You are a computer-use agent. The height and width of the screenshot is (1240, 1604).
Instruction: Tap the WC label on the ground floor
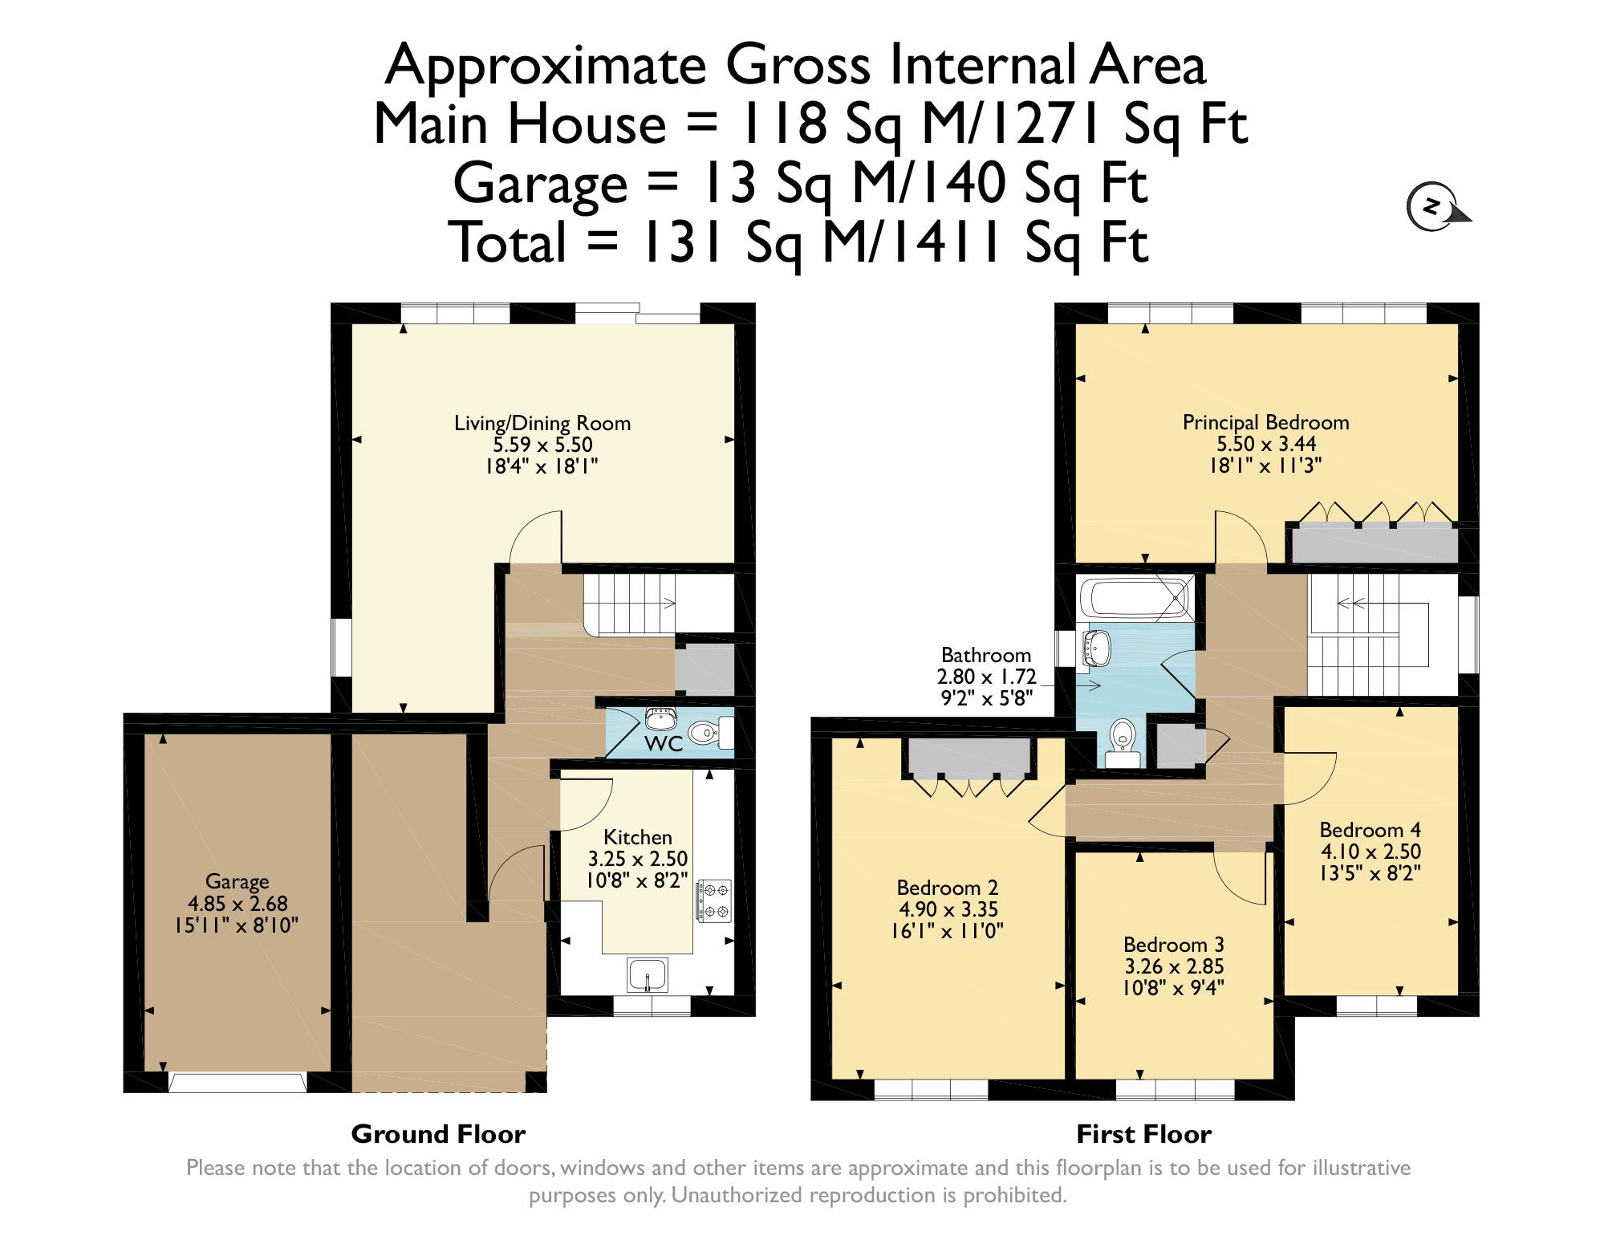point(664,744)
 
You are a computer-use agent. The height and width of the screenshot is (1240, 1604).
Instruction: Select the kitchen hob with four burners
point(714,900)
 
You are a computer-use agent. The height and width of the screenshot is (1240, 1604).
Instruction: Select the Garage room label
point(237,882)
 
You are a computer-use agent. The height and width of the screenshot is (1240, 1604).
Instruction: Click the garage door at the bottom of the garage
point(237,1083)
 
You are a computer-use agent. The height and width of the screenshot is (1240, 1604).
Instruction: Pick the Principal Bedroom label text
point(1265,422)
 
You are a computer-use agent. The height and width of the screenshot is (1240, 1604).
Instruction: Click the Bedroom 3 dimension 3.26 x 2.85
point(1173,966)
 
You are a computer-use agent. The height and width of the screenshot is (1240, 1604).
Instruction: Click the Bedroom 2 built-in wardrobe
point(968,758)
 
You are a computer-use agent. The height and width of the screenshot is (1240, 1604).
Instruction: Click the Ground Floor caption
point(438,1134)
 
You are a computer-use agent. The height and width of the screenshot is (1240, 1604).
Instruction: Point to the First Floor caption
point(1143,1134)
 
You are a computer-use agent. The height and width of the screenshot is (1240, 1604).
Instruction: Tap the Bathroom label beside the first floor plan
point(985,656)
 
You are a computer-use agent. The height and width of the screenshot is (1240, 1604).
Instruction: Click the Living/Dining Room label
point(542,423)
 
